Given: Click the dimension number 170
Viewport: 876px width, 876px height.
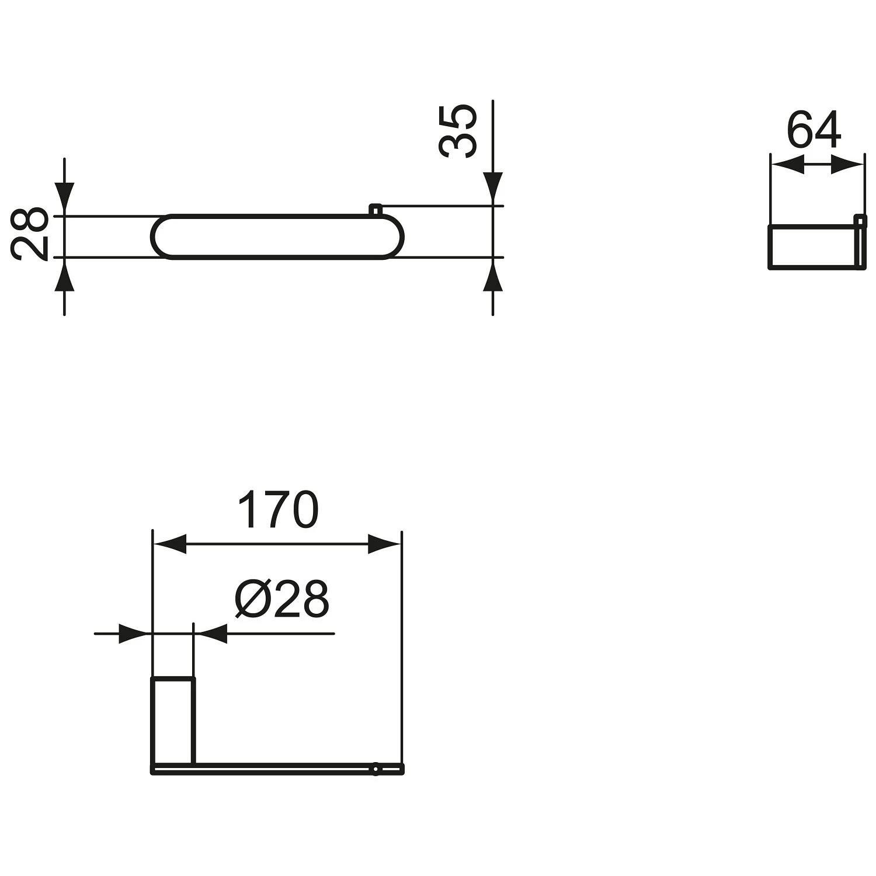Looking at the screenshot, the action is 279,509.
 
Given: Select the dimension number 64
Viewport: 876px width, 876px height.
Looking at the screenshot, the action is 814,130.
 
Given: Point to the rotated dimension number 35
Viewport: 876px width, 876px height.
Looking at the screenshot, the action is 458,131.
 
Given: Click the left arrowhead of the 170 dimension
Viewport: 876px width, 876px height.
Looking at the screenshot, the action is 169,544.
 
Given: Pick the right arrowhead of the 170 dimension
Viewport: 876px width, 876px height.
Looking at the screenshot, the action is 385,544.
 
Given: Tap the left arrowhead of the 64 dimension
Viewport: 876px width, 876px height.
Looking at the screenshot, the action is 787,164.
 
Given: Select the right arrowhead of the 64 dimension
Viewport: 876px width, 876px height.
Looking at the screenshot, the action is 846,164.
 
